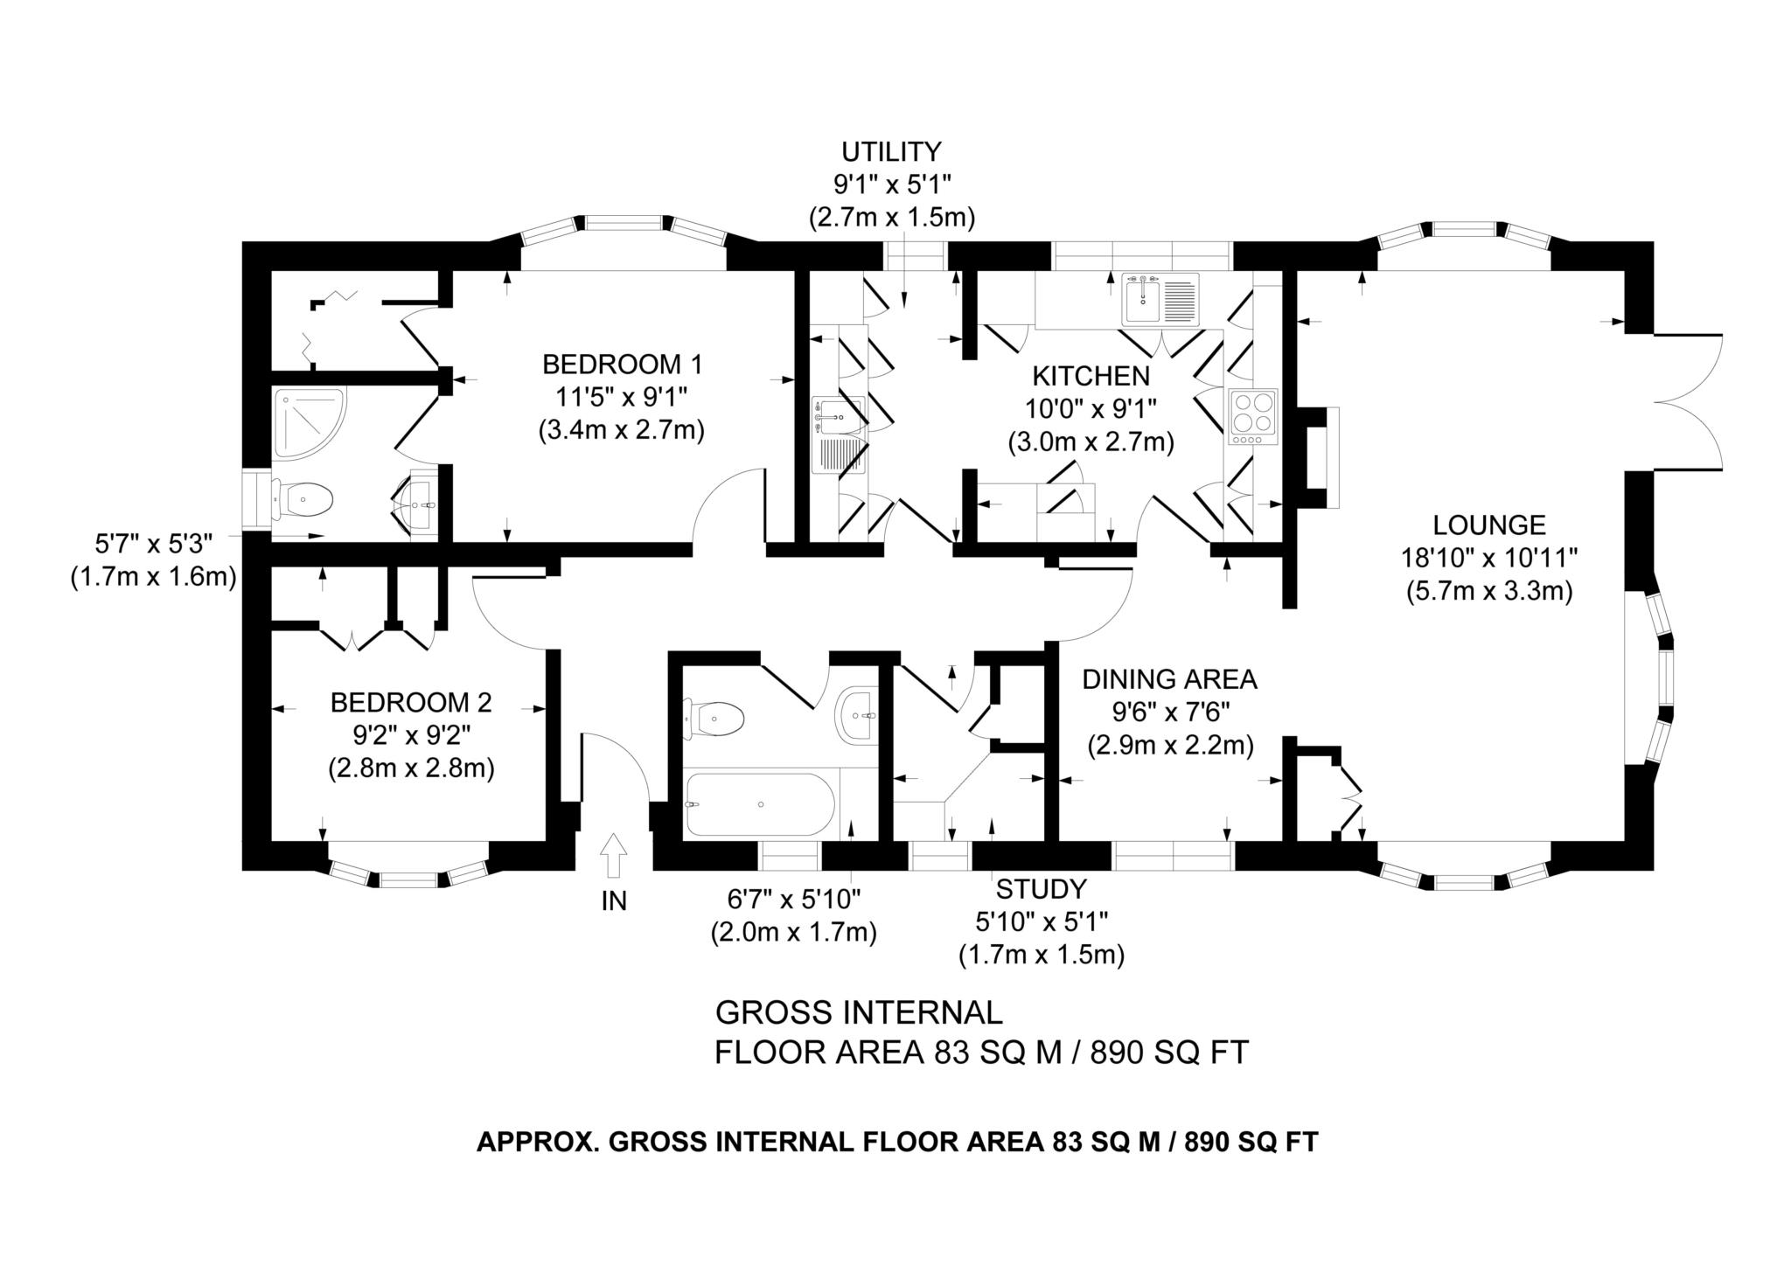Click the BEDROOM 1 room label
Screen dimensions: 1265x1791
tap(622, 364)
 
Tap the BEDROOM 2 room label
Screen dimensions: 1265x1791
tap(410, 702)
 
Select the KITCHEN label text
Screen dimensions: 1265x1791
tap(1091, 376)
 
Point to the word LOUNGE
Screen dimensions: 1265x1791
tap(1489, 525)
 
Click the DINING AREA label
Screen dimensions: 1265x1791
tap(1169, 678)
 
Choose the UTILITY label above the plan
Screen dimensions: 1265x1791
tap(891, 152)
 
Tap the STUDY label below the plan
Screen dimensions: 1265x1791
tap(1041, 889)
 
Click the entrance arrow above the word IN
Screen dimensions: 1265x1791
tap(614, 854)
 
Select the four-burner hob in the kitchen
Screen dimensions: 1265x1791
tap(1253, 416)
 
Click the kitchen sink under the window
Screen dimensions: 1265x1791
tap(1160, 299)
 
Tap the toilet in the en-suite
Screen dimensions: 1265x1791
tap(303, 501)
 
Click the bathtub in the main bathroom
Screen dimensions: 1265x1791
tap(759, 803)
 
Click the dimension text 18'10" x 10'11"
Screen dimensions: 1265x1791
tap(1489, 558)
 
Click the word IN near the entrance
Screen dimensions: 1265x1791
tap(614, 900)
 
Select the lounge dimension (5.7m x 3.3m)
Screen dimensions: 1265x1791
tap(1489, 592)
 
